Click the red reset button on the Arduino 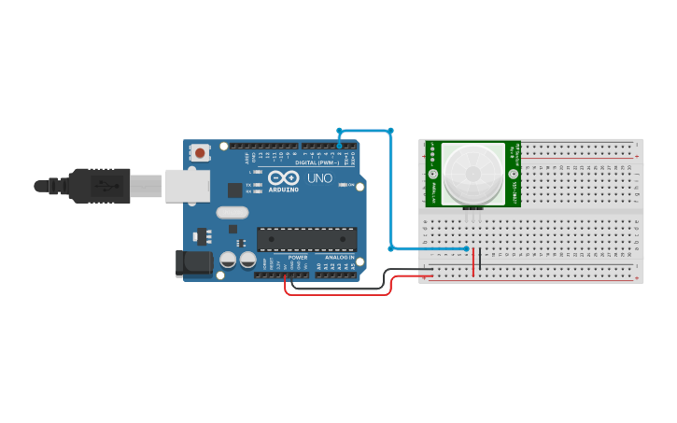click(x=200, y=152)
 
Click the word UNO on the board click(x=319, y=177)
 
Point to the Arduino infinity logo click(x=283, y=176)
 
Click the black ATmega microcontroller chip click(x=306, y=239)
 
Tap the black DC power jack click(x=194, y=263)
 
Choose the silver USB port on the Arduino click(x=188, y=185)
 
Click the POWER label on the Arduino click(x=297, y=257)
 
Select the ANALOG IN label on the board click(x=339, y=257)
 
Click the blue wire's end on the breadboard click(x=467, y=248)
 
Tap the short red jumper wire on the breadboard click(x=473, y=261)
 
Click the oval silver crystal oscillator click(x=233, y=212)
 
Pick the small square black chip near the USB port click(x=234, y=190)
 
